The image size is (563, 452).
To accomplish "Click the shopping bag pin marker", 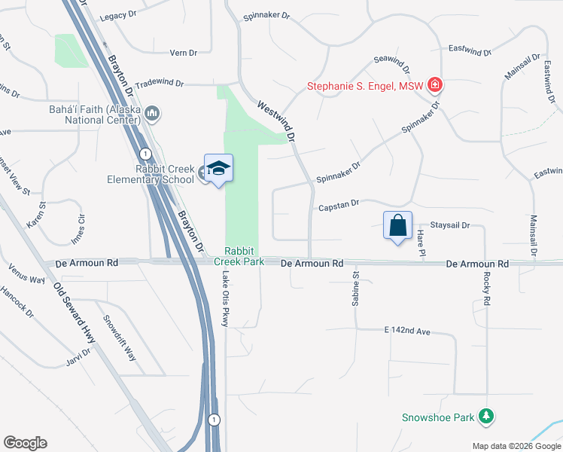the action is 397,225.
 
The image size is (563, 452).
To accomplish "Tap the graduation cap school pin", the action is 218,169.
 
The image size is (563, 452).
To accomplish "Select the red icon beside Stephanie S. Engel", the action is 434,85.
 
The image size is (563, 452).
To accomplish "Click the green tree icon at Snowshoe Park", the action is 487,417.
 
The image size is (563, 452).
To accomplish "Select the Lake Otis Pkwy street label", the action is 224,298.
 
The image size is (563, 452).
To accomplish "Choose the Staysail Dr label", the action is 449,225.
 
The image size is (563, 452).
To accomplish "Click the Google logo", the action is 25,443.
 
